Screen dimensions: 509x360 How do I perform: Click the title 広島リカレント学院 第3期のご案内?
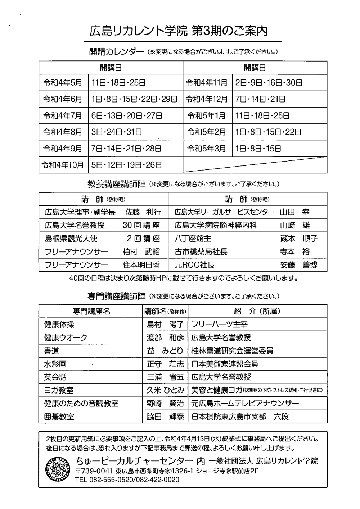[179, 32]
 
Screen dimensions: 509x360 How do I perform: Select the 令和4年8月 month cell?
[63, 132]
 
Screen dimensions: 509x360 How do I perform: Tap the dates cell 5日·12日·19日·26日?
[126, 165]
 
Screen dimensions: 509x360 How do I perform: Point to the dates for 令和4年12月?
[261, 99]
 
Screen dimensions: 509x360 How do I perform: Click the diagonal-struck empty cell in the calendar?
[255, 165]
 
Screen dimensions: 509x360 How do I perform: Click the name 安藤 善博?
[298, 265]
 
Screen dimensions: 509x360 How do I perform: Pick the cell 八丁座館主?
[193, 238]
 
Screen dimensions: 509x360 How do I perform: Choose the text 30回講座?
[141, 226]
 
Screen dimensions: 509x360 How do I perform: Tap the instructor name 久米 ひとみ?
[165, 390]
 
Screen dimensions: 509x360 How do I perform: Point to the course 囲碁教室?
[59, 417]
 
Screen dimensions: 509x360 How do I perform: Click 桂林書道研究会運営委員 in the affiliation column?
[232, 351]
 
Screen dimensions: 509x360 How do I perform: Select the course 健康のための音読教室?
[81, 404]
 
